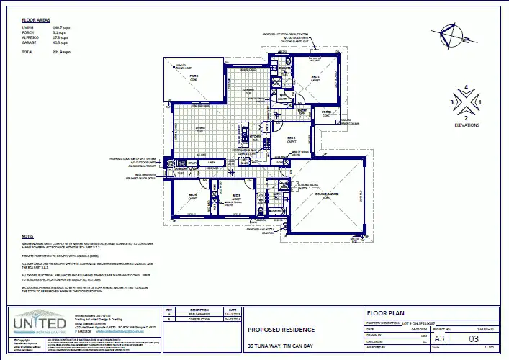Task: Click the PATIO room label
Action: pyautogui.click(x=194, y=76)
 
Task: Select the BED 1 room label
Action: pyautogui.click(x=315, y=76)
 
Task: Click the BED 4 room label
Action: pyautogui.click(x=193, y=196)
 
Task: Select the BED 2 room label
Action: pyautogui.click(x=292, y=138)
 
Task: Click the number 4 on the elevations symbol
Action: pyautogui.click(x=466, y=88)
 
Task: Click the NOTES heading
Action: pyautogui.click(x=27, y=237)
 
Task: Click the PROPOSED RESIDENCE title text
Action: pyautogui.click(x=281, y=330)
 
